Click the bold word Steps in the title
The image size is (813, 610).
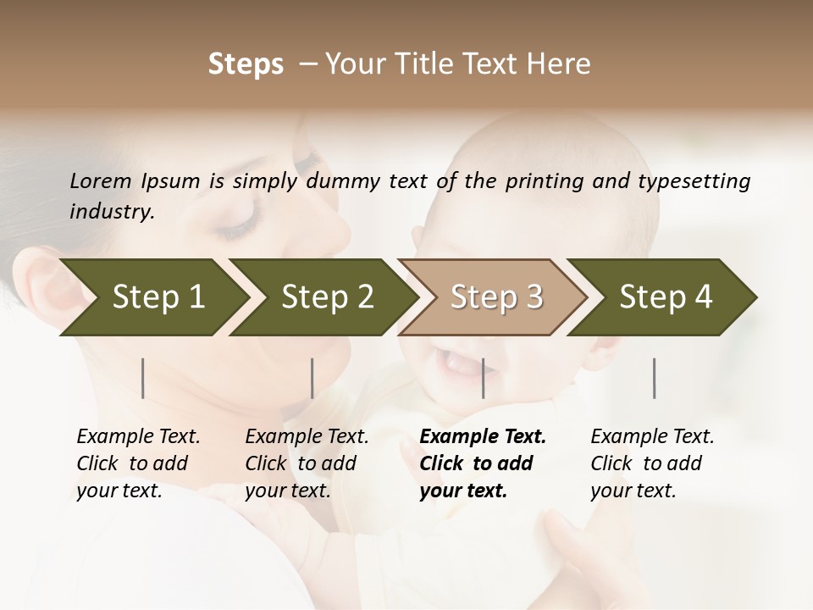coord(246,64)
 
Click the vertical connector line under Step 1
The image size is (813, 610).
coord(143,378)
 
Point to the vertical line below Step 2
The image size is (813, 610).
coord(312,378)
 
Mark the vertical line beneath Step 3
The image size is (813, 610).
coord(484,378)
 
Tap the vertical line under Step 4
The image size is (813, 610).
coord(655,378)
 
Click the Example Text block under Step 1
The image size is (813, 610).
coord(138,463)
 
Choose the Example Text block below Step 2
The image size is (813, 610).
coord(307,463)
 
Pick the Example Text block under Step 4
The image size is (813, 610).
coord(652,463)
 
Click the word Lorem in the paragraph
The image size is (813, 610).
coord(101,180)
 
